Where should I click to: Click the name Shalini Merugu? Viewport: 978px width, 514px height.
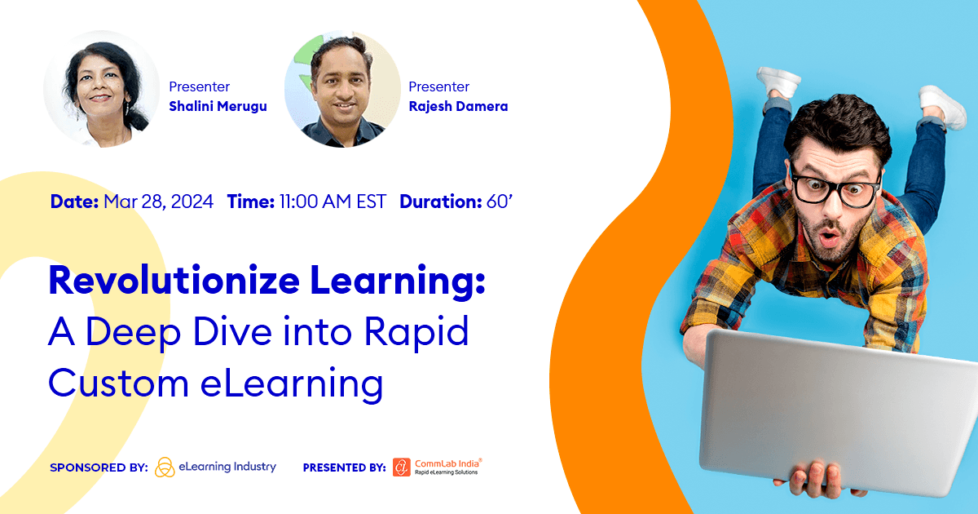pos(217,107)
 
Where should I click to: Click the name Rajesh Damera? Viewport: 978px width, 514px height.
pos(458,107)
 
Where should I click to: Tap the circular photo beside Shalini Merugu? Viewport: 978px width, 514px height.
pos(102,89)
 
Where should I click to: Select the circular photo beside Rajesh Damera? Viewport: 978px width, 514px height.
pos(342,90)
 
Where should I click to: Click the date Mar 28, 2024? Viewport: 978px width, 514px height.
pos(158,202)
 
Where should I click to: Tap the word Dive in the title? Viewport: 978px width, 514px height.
pos(259,333)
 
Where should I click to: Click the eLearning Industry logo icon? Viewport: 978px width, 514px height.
pos(165,467)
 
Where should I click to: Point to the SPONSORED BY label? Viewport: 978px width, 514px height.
pos(99,468)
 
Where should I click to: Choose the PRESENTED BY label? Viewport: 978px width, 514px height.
pos(344,468)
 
